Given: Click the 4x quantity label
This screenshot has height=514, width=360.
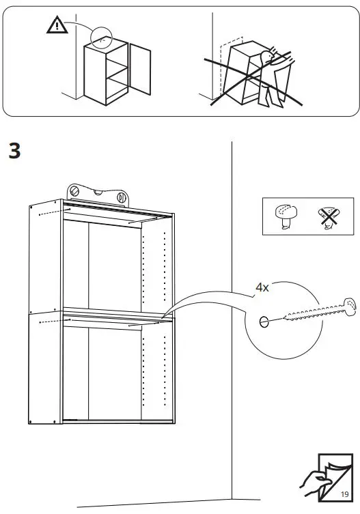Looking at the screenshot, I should pyautogui.click(x=262, y=287).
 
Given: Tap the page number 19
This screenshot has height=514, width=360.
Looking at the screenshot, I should pyautogui.click(x=345, y=494).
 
